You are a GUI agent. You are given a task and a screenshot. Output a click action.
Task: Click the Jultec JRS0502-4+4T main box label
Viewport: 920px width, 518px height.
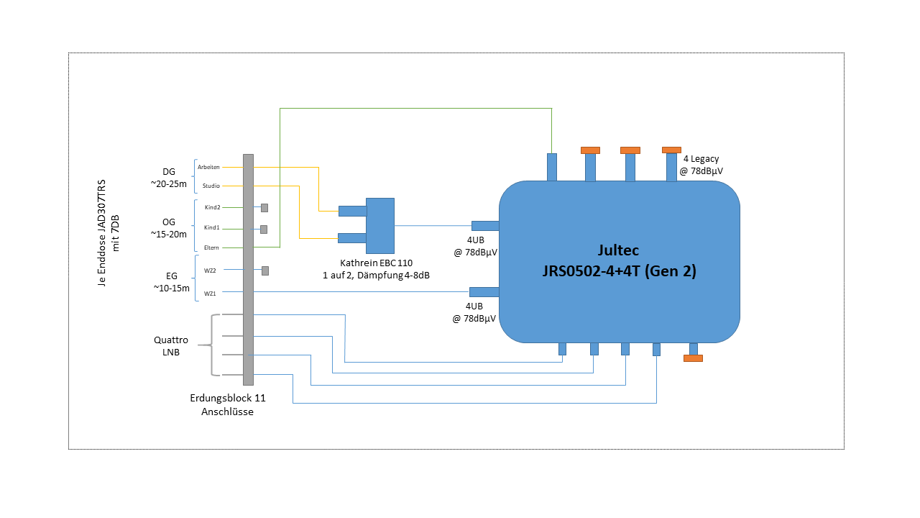pos(618,261)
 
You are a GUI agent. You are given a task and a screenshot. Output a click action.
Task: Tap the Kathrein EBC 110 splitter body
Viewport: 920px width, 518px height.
pos(379,225)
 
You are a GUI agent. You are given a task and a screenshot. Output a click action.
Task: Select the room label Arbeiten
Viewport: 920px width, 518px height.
pos(208,167)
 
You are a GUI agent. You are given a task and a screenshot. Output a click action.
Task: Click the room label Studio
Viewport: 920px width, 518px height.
pos(211,186)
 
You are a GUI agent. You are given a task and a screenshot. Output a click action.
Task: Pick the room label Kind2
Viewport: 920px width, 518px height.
pos(212,207)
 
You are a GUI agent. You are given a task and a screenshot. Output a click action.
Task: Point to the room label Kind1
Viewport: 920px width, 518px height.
pos(212,227)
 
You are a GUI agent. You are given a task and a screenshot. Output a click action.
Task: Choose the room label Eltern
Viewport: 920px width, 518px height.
pos(211,247)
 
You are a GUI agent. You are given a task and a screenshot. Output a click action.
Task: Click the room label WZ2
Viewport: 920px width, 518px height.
pos(211,270)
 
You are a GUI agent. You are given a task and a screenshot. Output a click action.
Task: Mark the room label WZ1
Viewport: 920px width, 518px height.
pos(211,293)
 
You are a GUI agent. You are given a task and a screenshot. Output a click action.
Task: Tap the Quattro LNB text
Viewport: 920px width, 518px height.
pos(171,346)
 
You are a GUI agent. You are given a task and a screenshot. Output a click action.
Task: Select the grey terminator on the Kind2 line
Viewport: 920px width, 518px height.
pos(264,208)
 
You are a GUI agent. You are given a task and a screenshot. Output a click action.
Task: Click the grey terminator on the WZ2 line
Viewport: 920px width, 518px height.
pos(265,271)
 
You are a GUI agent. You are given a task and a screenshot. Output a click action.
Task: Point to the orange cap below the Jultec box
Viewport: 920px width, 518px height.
pos(693,358)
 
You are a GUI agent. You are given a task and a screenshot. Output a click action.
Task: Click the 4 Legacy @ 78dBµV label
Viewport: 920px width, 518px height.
pos(702,165)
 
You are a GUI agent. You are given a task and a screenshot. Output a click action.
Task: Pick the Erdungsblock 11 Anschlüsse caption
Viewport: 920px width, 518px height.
pos(227,404)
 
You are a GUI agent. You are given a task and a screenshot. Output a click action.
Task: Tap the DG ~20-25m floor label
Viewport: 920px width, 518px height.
pos(169,178)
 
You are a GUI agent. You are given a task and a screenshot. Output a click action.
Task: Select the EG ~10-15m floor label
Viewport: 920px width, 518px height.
pos(171,281)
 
